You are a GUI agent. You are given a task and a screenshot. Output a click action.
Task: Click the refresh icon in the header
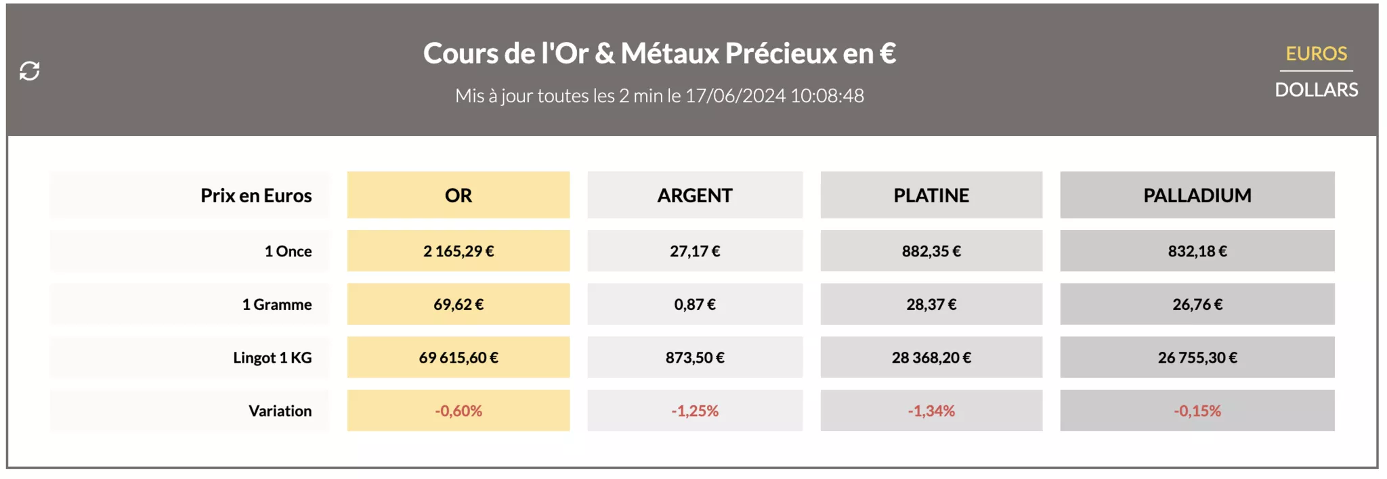[x=30, y=70]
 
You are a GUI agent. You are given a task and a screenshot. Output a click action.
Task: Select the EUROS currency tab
[x=1316, y=53]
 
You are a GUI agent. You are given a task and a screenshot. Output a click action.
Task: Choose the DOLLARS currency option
[x=1316, y=89]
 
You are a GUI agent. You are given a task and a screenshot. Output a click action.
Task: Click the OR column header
[x=458, y=196]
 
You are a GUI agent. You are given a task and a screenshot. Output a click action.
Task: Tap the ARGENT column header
[x=695, y=196]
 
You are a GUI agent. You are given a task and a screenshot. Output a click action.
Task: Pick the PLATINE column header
[x=931, y=196]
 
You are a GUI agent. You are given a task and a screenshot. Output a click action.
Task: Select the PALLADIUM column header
[x=1197, y=196]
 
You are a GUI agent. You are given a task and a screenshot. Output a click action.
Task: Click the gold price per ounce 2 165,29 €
[x=458, y=251]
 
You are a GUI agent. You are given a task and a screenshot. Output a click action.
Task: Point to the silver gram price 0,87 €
[x=695, y=304]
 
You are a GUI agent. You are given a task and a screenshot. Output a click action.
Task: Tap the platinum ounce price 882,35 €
[x=931, y=251]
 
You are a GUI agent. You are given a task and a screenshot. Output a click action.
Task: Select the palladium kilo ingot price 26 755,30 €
[x=1197, y=357]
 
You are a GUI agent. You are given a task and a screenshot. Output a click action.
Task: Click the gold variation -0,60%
[x=458, y=411]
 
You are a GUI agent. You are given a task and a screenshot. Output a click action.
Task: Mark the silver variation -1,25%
[x=695, y=411]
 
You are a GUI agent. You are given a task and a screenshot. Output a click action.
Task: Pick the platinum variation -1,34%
[x=931, y=411]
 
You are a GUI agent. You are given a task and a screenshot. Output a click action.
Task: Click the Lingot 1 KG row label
[x=272, y=357]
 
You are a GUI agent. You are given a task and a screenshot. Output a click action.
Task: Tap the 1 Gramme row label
[x=277, y=304]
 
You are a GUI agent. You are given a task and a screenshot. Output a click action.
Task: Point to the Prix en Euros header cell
[x=256, y=196]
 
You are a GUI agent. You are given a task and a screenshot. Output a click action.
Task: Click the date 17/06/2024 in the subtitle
[x=735, y=96]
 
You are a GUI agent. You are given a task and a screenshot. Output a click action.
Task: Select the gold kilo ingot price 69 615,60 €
[x=458, y=357]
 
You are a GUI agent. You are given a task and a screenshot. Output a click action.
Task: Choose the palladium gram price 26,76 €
[x=1197, y=304]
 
